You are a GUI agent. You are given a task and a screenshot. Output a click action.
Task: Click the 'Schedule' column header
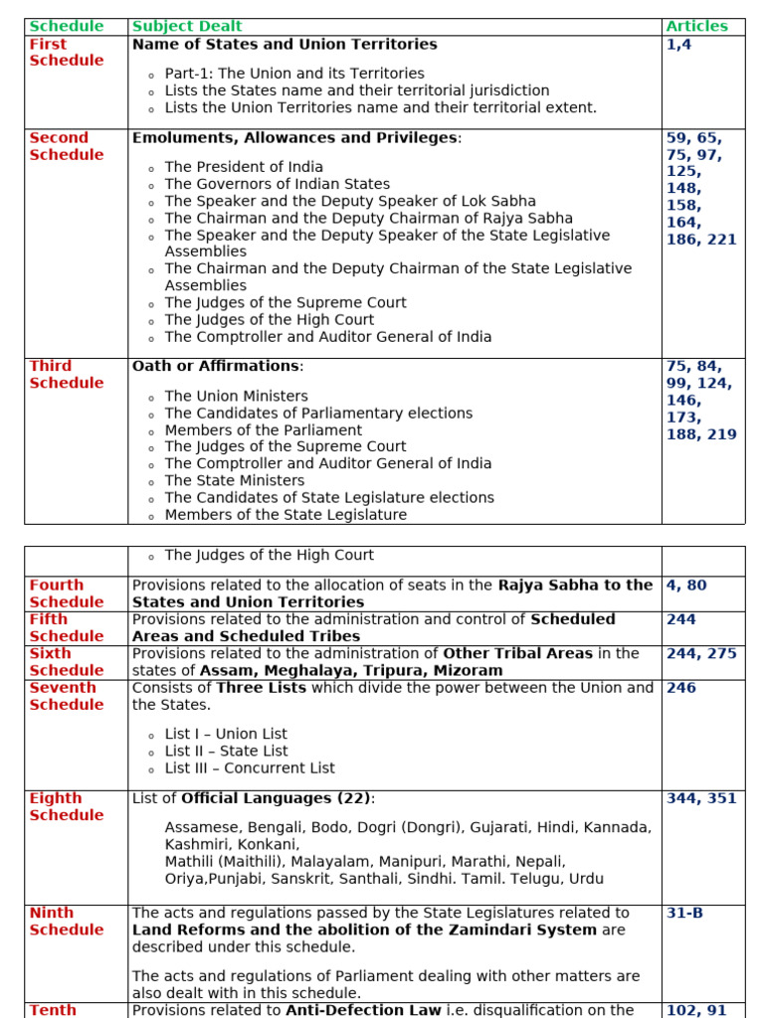coord(66,26)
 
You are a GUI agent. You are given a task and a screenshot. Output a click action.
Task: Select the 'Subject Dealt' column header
coord(187,26)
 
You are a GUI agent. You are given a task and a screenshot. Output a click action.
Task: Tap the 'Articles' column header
coord(696,26)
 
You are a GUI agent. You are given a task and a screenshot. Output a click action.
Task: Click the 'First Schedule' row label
coord(66,52)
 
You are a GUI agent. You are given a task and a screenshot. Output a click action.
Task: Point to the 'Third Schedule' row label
coord(66,374)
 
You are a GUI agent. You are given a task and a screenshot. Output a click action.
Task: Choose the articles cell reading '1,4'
coord(678,44)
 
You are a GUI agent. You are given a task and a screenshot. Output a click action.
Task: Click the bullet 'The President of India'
coord(244,167)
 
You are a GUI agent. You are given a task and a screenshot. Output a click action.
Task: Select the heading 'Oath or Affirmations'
coord(216,366)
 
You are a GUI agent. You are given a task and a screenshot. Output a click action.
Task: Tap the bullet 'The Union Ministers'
coord(236,396)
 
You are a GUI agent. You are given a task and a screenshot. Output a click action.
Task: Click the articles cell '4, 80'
coord(686,586)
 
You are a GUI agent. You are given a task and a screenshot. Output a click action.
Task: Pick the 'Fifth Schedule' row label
coord(66,627)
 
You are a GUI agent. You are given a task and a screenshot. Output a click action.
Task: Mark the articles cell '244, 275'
coord(701,653)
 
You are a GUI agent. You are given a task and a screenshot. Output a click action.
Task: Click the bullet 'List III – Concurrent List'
coord(250,767)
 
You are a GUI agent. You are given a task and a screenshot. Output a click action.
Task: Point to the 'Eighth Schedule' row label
coord(66,806)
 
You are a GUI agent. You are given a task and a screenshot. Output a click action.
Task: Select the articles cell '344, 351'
coord(701,798)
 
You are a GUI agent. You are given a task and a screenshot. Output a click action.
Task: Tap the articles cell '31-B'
coord(684,913)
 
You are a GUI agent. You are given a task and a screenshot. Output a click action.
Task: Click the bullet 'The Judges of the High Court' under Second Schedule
coord(270,319)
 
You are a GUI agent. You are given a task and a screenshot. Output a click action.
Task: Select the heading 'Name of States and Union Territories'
coord(285,44)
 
